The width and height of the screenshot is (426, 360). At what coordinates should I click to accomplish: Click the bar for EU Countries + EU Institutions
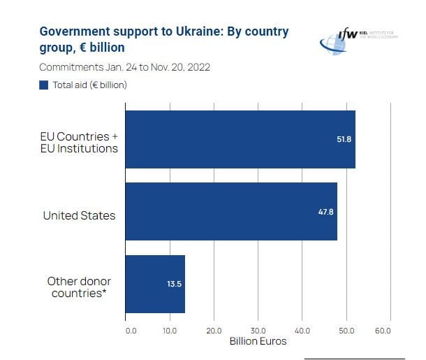(x=240, y=139)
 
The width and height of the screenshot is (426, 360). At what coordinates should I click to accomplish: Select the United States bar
(x=230, y=212)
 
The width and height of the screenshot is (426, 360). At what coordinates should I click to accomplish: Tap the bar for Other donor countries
(x=154, y=284)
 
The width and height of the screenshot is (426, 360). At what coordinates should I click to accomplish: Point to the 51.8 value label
(x=344, y=139)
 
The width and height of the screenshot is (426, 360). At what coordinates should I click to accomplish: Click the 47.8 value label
(x=325, y=212)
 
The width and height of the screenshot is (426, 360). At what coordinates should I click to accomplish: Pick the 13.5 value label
(x=175, y=285)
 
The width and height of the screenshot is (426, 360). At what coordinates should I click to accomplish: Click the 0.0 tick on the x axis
(x=131, y=330)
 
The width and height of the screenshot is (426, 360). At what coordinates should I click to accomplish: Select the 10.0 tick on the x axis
(x=170, y=330)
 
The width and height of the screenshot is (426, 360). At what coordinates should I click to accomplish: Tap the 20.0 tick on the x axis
(x=214, y=330)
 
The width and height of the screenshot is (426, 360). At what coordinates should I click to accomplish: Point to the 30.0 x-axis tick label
(x=258, y=330)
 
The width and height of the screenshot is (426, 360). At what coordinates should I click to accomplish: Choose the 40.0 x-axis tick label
(x=302, y=330)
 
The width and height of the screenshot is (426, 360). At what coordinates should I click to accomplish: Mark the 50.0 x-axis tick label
(x=346, y=330)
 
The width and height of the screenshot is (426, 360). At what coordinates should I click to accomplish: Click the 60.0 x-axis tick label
(x=382, y=330)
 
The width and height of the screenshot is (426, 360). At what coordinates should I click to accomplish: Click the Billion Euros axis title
(x=258, y=342)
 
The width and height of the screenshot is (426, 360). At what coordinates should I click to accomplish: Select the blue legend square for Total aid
(x=44, y=85)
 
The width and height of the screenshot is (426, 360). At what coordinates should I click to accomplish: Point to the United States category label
(x=79, y=215)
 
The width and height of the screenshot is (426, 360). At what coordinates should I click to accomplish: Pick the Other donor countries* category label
(x=79, y=287)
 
